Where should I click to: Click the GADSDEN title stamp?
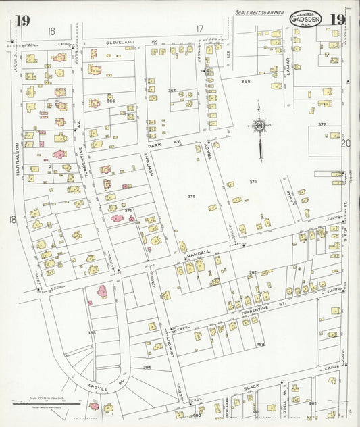pos(306,19)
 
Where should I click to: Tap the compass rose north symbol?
pos(259,125)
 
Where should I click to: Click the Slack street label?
pos(251,386)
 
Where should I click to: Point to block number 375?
pos(191,196)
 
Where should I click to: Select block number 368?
pos(245,81)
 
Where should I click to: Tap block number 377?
pos(322,124)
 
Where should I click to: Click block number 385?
pos(91,332)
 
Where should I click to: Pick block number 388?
pos(260,344)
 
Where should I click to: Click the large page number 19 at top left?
pos(22,20)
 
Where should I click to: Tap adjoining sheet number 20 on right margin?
pos(346,143)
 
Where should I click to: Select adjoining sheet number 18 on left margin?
pos(12,219)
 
